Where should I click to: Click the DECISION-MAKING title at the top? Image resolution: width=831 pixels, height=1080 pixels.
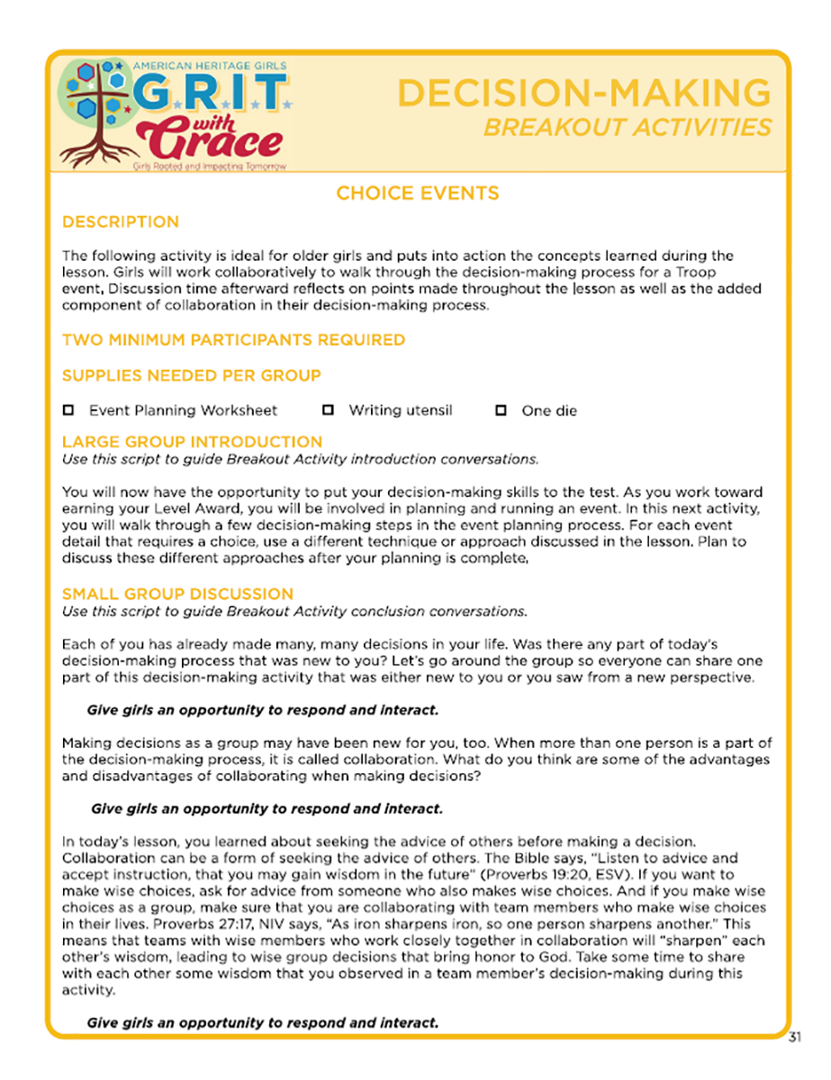pos(583,94)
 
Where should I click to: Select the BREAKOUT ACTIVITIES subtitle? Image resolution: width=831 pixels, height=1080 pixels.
pos(628,128)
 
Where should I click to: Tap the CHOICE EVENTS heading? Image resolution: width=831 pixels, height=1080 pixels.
pos(417,193)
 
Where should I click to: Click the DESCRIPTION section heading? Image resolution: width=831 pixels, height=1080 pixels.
pos(121,222)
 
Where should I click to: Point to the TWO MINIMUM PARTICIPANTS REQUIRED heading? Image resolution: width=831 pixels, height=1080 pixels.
pos(233,340)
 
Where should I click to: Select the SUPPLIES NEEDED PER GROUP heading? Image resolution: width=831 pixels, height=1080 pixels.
pos(191,375)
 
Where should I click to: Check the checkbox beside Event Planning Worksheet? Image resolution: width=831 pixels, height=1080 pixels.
pos(68,410)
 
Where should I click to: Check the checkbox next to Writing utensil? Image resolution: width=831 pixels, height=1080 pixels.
pos(329,410)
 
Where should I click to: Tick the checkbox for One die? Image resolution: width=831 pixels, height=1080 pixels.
pos(501,410)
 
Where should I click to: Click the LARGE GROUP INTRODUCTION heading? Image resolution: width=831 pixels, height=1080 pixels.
pos(192,442)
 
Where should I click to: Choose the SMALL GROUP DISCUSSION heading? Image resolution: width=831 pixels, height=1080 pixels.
pos(177,594)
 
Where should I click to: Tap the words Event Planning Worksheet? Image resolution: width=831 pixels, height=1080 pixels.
pos(183,410)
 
